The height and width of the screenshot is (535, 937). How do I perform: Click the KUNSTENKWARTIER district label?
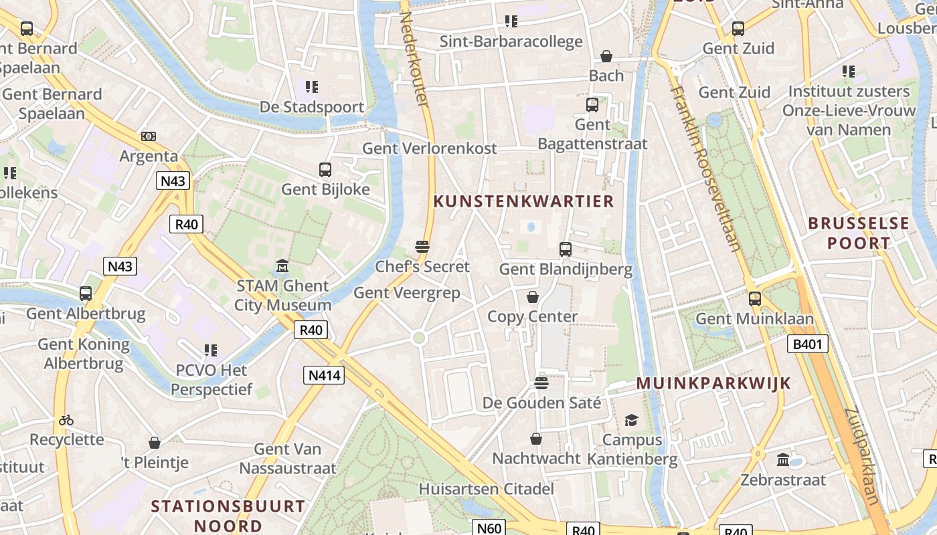[x=523, y=201]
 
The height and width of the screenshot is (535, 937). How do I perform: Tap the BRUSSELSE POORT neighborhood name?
[x=859, y=233]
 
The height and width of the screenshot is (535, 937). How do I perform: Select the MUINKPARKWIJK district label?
[x=713, y=383]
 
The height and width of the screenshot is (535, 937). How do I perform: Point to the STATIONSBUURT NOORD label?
[x=228, y=516]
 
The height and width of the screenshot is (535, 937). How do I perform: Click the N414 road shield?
[x=325, y=375]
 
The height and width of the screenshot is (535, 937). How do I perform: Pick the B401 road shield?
[x=808, y=344]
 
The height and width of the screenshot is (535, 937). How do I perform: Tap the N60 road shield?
[x=489, y=528]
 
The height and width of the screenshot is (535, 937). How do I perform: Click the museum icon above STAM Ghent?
[x=282, y=267]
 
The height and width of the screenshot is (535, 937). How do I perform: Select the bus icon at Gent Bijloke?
[x=325, y=170]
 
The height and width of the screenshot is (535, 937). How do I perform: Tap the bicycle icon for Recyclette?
[x=66, y=421]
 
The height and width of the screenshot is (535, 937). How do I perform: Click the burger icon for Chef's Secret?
[x=422, y=247]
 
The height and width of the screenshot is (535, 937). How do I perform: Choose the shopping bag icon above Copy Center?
[x=533, y=297]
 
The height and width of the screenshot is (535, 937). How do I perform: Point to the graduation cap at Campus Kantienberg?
[x=631, y=420]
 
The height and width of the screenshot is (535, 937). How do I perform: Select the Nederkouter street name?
[x=414, y=59]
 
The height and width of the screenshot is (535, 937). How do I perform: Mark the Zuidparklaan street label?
[x=861, y=455]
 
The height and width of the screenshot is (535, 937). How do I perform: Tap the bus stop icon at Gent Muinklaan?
[x=755, y=299]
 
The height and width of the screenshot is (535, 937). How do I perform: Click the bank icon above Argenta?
[x=149, y=136]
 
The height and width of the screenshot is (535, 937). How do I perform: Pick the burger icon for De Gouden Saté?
[x=541, y=383]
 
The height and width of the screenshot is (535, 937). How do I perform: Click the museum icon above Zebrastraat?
[x=783, y=460]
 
